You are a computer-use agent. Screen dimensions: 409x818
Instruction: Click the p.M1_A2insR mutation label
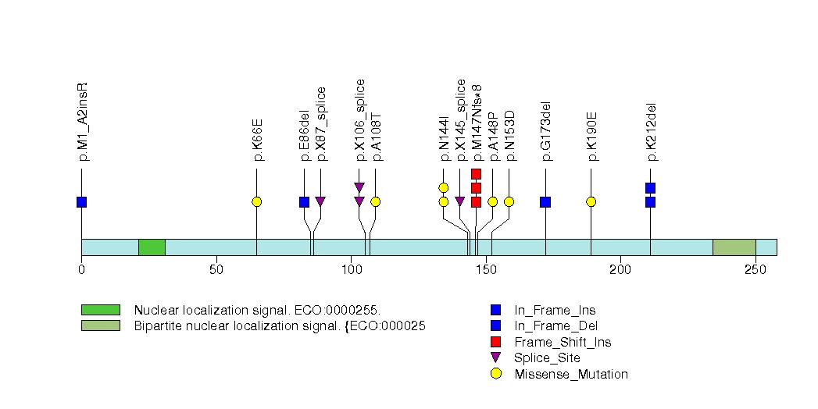click(x=83, y=121)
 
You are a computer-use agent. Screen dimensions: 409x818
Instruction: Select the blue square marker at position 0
click(x=81, y=202)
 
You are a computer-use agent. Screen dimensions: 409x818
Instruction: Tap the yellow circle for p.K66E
click(x=256, y=202)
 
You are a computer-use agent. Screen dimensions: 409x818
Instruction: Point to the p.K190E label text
click(x=591, y=137)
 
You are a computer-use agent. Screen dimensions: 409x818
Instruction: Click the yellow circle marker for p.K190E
click(x=591, y=202)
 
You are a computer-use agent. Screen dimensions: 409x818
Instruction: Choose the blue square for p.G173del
click(x=545, y=202)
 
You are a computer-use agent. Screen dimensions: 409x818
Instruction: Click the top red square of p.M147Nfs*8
click(x=476, y=174)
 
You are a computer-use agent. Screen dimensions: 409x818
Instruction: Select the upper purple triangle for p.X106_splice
click(x=359, y=187)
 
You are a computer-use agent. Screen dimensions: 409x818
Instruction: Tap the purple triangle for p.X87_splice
click(x=320, y=202)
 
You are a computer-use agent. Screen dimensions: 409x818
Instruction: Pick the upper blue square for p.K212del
click(x=650, y=188)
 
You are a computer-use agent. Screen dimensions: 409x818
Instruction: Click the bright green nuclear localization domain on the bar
click(x=152, y=247)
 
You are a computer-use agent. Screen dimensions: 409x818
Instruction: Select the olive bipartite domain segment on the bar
click(x=734, y=247)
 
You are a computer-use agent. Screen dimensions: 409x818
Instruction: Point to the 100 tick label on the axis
click(x=351, y=270)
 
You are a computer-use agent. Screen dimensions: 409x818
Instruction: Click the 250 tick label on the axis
click(x=755, y=270)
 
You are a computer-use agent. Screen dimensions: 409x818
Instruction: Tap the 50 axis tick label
click(x=216, y=270)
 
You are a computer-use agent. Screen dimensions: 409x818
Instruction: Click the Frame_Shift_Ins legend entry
click(x=563, y=342)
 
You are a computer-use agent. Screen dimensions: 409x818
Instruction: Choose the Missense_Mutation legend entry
click(x=570, y=374)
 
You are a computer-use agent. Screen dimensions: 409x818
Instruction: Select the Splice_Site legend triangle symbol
click(x=495, y=358)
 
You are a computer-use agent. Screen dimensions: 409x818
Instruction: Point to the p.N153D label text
click(x=509, y=136)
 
